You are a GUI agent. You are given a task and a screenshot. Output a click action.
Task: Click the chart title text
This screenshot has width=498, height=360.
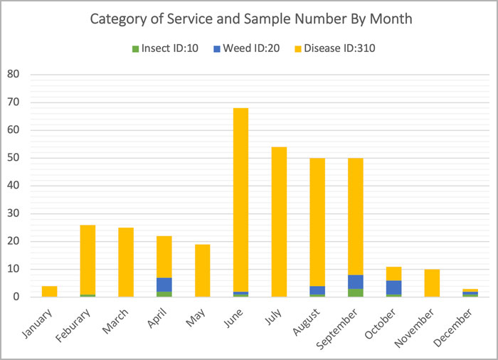pos(250,18)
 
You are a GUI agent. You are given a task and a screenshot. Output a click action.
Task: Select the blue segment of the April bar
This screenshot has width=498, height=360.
pos(164,284)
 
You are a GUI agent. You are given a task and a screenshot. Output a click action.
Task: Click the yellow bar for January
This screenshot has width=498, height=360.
pos(49,291)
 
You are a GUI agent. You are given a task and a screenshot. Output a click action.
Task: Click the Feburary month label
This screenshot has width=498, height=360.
pos(80,327)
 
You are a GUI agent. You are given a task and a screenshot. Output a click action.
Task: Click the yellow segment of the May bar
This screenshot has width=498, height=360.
pos(203,270)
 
